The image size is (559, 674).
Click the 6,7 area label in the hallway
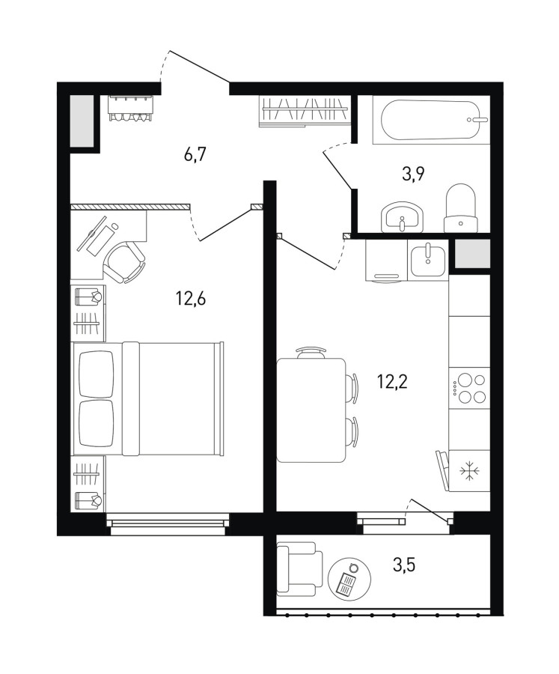(x=195, y=154)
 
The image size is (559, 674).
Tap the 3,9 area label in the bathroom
(x=413, y=174)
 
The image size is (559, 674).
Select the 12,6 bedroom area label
(x=191, y=297)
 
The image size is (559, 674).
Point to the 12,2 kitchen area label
(x=392, y=381)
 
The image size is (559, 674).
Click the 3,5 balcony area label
(x=404, y=565)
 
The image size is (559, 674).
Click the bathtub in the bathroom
(x=431, y=120)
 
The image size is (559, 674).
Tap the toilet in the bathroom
(x=461, y=208)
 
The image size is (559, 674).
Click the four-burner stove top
(x=469, y=388)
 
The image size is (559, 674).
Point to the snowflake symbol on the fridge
(x=469, y=471)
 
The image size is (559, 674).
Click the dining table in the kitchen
(x=311, y=410)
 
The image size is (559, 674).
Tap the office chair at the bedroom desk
(x=124, y=261)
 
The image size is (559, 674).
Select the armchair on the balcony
(x=299, y=568)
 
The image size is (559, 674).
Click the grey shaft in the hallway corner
(x=82, y=121)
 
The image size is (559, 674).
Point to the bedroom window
(x=168, y=524)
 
